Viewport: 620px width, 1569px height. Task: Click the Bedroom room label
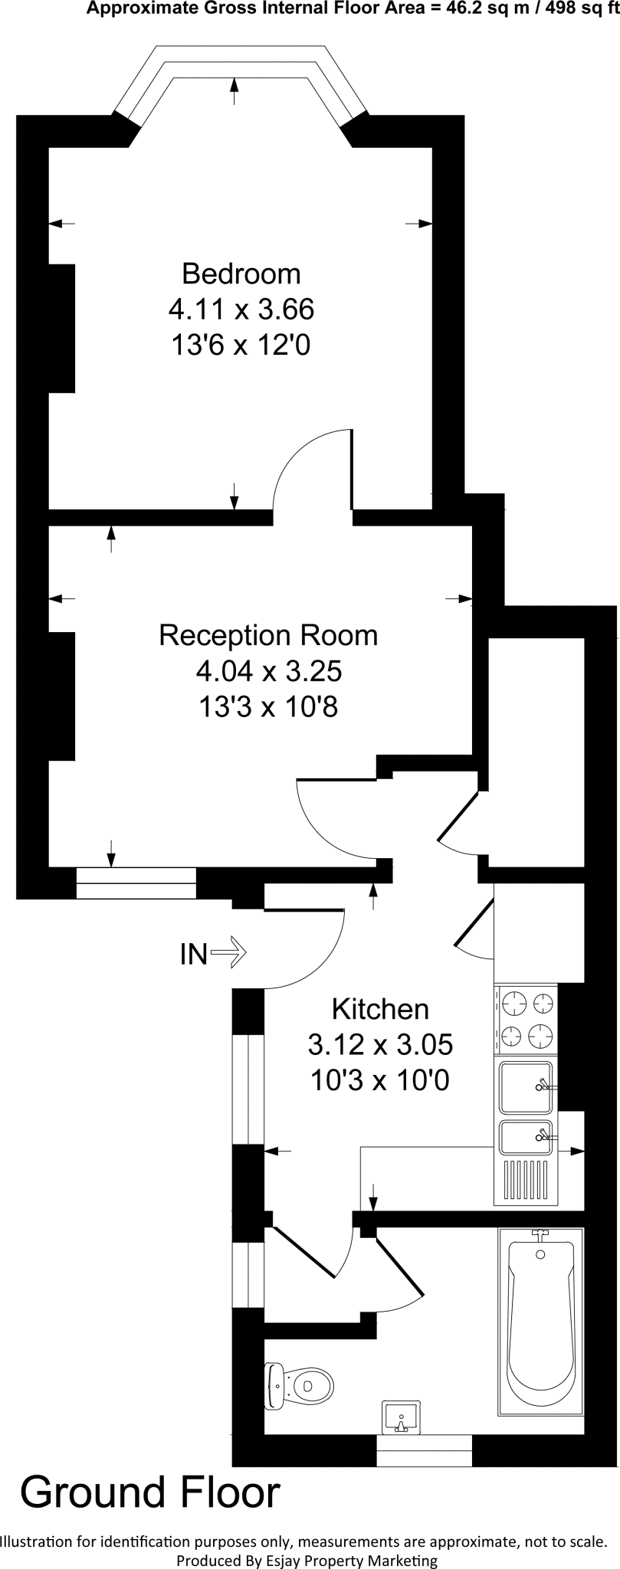coord(241,274)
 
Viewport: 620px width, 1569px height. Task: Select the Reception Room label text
coord(268,635)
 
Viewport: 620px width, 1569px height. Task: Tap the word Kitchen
coord(380,1009)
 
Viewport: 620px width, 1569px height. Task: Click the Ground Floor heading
coord(150,1493)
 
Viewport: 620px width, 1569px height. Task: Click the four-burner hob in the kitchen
coord(527,1020)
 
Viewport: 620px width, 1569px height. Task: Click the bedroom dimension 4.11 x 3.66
coord(241,310)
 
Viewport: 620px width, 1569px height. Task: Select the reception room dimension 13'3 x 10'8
coord(268,706)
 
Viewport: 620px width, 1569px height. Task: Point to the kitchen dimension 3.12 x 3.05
coord(380,1044)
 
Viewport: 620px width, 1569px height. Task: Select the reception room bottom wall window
coord(136,883)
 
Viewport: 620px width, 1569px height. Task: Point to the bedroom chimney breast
coord(62,328)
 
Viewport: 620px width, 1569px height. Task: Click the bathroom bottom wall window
coord(425,1450)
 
